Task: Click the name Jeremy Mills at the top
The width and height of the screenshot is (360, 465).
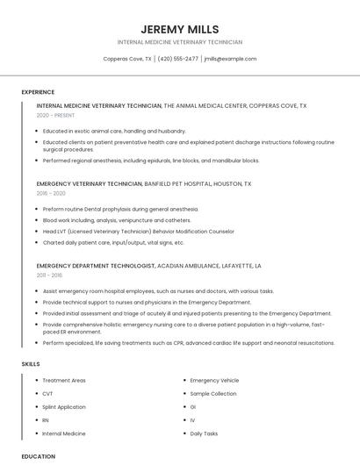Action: (x=179, y=29)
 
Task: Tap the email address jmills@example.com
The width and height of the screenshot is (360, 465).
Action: (x=230, y=59)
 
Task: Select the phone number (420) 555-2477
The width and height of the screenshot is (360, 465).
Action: (x=178, y=59)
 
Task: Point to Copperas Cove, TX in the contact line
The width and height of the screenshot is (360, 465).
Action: (x=127, y=59)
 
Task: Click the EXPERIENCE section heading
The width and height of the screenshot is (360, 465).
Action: (x=38, y=92)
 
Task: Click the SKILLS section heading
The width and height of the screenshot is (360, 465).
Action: (x=31, y=363)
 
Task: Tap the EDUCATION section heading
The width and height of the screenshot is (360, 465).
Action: (x=38, y=456)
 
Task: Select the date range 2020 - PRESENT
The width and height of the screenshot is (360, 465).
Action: (x=55, y=116)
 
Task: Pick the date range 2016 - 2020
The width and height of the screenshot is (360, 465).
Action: (x=51, y=193)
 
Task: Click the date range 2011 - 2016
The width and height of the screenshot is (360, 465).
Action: (x=50, y=275)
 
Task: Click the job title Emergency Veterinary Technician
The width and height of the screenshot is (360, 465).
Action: (x=89, y=184)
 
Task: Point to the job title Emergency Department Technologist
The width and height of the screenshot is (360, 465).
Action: (x=96, y=265)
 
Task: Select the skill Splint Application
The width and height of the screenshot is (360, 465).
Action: (x=64, y=407)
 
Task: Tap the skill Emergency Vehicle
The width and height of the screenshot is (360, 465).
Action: (x=214, y=381)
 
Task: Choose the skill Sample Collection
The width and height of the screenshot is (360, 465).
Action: (x=213, y=394)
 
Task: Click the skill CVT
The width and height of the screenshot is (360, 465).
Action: (x=47, y=394)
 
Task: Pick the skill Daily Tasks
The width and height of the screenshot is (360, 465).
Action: (x=204, y=433)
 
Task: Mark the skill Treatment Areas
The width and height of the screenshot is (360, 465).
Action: (x=64, y=381)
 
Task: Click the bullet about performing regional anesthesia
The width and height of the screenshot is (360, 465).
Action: (x=150, y=161)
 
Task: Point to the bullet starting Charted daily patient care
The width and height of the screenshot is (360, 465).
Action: (x=113, y=242)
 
